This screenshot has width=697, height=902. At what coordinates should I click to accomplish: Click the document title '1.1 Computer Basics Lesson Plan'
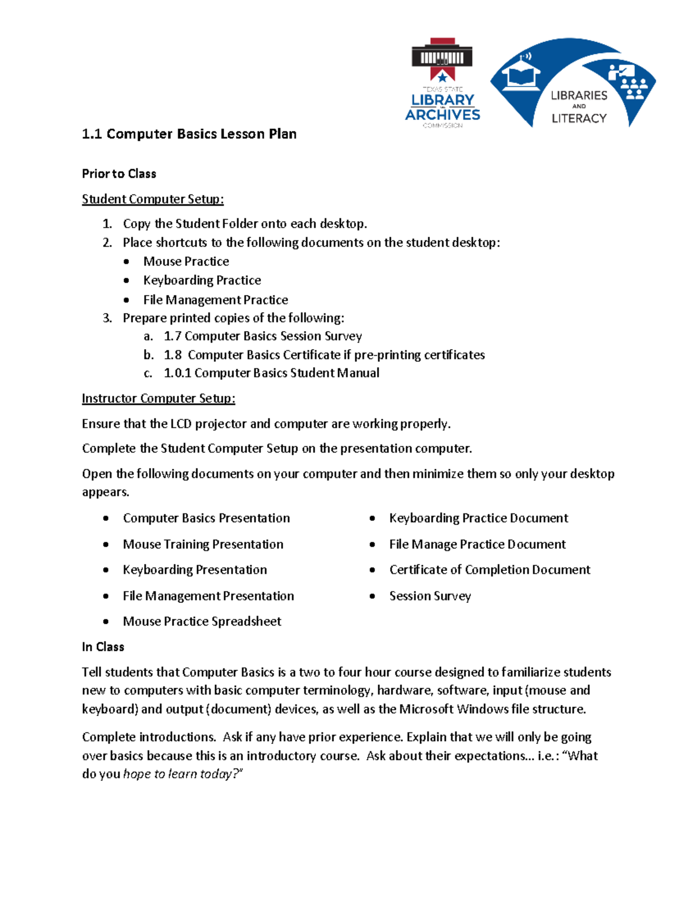189,134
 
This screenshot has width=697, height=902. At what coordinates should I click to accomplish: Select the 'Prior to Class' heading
119,174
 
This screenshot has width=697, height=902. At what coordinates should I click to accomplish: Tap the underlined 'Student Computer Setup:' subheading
152,199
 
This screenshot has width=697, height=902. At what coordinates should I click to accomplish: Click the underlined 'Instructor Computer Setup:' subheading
158,398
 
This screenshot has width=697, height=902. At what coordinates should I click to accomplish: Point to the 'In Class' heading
103,647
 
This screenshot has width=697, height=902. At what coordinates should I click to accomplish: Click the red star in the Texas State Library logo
443,77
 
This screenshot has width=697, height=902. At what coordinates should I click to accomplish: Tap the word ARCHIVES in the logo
443,115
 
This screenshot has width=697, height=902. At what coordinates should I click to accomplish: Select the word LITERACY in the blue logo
579,118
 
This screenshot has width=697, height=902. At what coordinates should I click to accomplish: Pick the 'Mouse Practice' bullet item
186,262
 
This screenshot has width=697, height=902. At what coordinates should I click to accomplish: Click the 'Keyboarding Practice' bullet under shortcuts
202,281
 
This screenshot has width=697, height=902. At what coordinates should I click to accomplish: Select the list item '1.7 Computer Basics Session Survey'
263,336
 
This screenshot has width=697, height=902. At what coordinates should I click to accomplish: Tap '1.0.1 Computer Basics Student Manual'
271,373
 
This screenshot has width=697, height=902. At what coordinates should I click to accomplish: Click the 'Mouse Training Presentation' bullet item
203,544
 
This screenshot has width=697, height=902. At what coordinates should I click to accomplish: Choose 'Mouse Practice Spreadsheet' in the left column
202,621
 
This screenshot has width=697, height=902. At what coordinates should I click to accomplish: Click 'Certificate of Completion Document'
490,570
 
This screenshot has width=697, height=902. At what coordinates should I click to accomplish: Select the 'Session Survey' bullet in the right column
430,596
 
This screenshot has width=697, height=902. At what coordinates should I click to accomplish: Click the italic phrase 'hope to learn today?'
183,774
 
